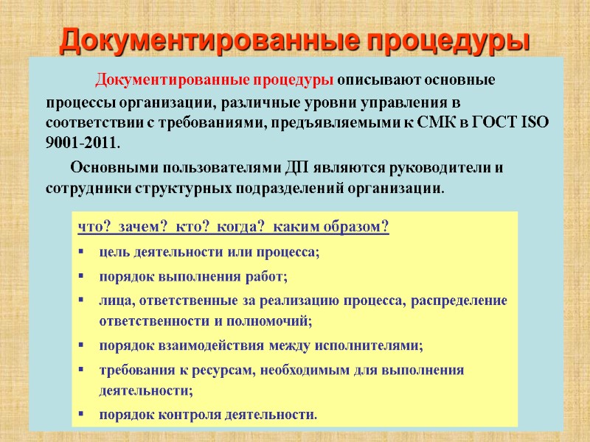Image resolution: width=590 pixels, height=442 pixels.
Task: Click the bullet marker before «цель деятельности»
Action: click(81, 253)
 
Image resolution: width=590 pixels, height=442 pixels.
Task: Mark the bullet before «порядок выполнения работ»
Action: click(81, 277)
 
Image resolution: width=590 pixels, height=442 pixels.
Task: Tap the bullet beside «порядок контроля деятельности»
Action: click(81, 415)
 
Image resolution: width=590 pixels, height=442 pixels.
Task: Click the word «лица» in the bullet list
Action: click(114, 301)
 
